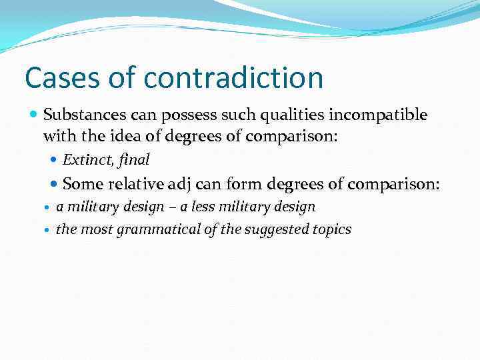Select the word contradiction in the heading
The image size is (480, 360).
[x=233, y=77]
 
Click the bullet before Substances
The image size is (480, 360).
[x=34, y=115]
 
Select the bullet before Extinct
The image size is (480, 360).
[x=54, y=160]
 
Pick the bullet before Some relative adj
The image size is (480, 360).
[x=54, y=184]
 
